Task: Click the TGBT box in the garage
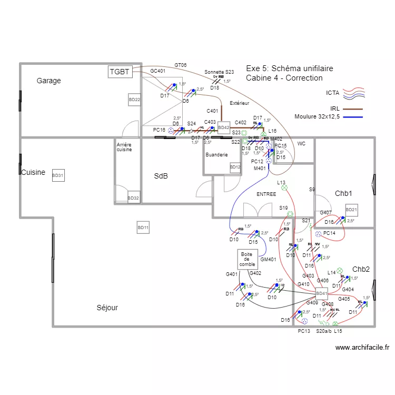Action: pyautogui.click(x=120, y=72)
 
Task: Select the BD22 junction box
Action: pyautogui.click(x=134, y=100)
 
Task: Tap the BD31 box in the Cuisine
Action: pyautogui.click(x=58, y=176)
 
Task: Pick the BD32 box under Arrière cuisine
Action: pyautogui.click(x=133, y=198)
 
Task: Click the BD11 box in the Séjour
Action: pyautogui.click(x=143, y=228)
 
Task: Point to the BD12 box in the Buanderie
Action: pyautogui.click(x=235, y=167)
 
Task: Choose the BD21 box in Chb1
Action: pyautogui.click(x=351, y=210)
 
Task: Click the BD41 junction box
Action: pyautogui.click(x=321, y=293)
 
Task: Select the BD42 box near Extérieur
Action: pyautogui.click(x=224, y=127)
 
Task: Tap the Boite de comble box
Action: pyautogui.click(x=247, y=259)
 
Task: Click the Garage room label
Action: pyautogui.click(x=48, y=81)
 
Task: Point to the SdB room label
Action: pyautogui.click(x=161, y=176)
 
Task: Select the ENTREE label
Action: pyautogui.click(x=266, y=194)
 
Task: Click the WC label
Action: pyautogui.click(x=301, y=143)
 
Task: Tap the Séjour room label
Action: pyautogui.click(x=107, y=308)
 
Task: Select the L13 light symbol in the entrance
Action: pyautogui.click(x=284, y=187)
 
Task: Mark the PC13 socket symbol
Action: pyautogui.click(x=304, y=321)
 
